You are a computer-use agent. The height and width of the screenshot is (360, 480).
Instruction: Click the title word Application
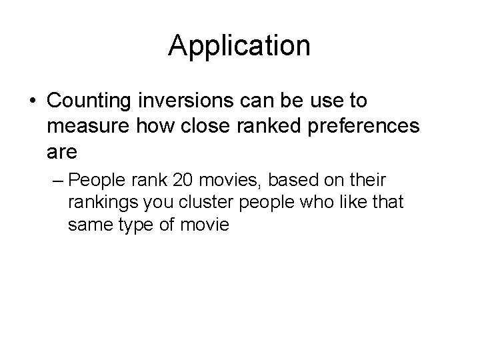click(239, 46)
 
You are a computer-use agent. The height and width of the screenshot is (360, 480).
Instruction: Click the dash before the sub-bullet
click(59, 181)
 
